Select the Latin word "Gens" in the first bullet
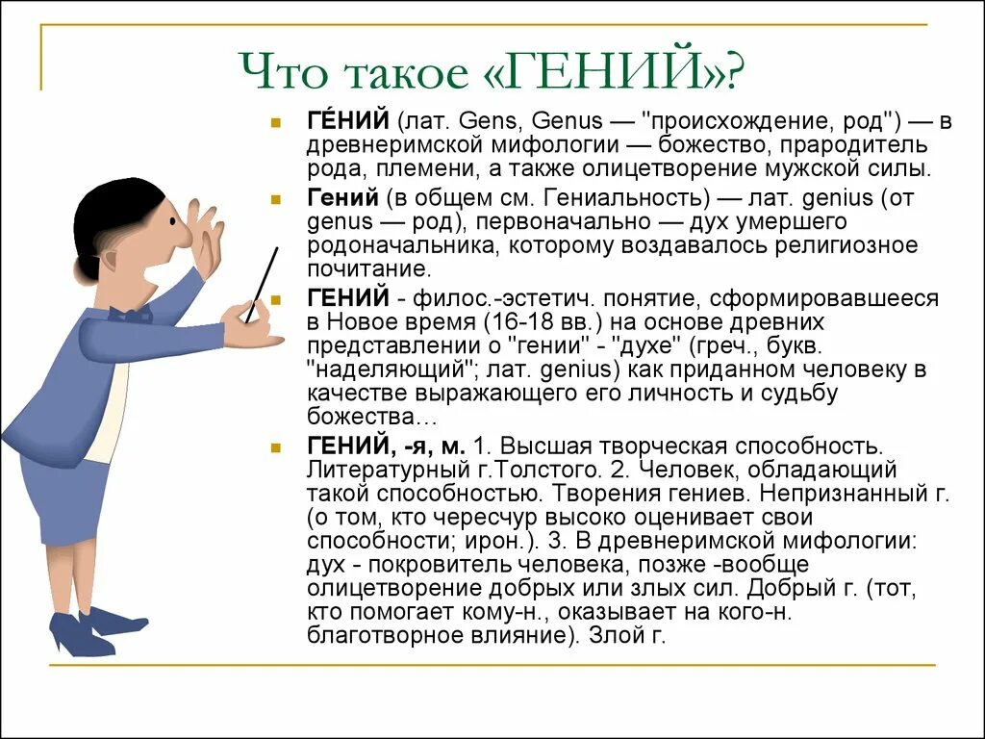(x=490, y=122)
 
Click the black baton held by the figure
(x=262, y=284)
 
